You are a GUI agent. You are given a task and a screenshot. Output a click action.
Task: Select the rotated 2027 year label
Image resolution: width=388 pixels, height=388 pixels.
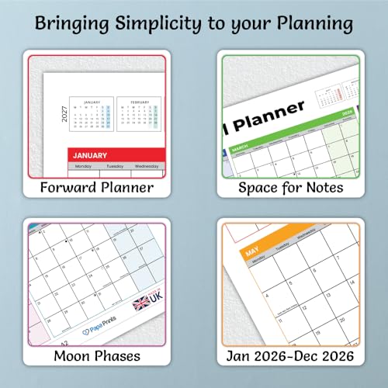(x=64, y=116)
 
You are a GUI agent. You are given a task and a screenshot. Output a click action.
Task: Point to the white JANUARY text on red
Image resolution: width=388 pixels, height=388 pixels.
(x=91, y=154)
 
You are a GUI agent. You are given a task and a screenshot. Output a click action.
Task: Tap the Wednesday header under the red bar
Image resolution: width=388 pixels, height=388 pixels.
(x=147, y=166)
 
